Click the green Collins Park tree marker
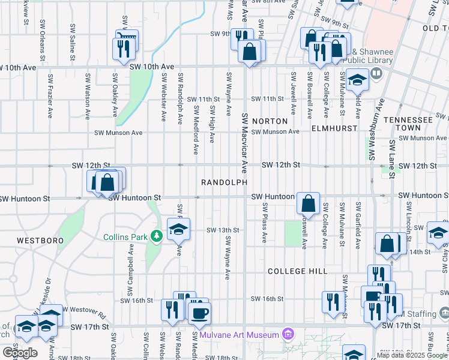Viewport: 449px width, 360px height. coord(157,237)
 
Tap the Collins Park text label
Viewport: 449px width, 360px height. coord(125,237)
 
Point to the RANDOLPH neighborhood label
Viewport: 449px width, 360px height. coord(220,182)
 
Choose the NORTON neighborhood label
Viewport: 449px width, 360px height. coord(266,121)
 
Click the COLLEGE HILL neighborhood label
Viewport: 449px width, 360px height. coord(298,271)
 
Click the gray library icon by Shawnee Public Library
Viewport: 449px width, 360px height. coord(376,73)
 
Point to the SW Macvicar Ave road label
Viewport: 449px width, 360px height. coord(245,140)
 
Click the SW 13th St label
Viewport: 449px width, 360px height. coord(223,230)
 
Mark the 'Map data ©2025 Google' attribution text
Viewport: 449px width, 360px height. coord(412,355)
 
